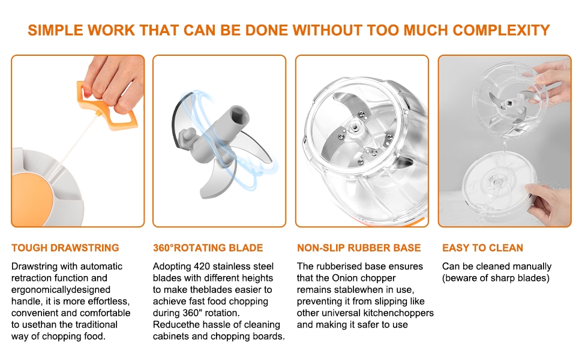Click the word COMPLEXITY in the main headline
501,30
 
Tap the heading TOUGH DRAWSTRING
65,248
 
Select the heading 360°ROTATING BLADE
208,248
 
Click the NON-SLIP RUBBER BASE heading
359,248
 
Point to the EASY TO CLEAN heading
482,248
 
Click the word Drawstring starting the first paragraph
35,266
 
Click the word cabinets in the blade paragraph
172,336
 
